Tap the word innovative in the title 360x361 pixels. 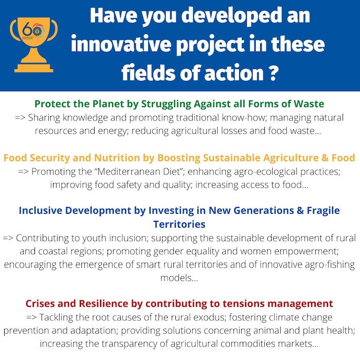121,44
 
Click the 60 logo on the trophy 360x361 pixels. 33,31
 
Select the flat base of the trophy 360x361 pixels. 34,68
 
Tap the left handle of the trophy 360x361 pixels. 14,30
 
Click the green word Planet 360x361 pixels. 109,104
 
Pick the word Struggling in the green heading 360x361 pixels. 166,105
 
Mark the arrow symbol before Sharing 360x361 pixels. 20,117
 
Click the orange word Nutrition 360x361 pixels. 117,158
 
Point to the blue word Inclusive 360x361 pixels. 41,211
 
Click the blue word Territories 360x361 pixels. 179,224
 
